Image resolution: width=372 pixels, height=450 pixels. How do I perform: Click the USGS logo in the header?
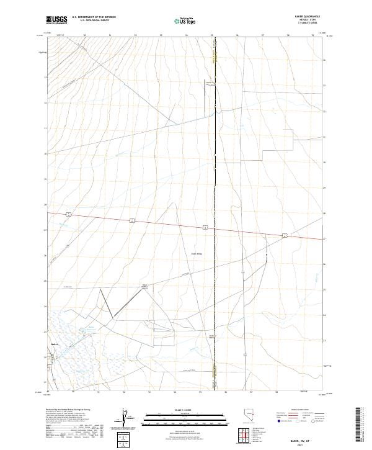[x=57, y=20]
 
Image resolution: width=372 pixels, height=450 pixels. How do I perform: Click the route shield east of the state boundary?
[x=284, y=235]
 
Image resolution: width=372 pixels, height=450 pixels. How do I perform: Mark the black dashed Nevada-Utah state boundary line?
[x=215, y=186]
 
